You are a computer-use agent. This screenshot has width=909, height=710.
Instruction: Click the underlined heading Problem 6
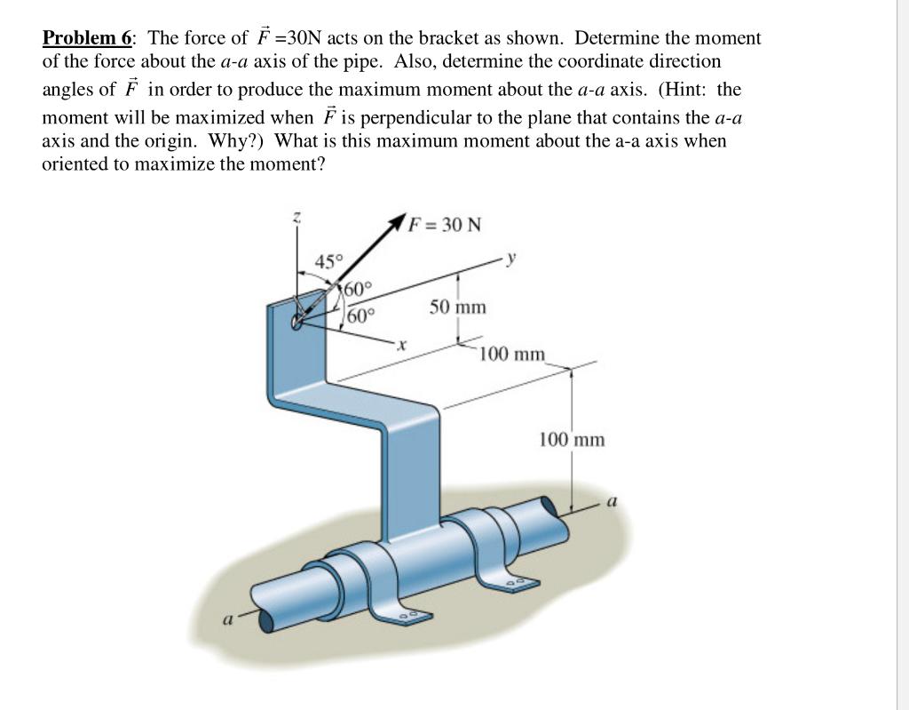click(87, 38)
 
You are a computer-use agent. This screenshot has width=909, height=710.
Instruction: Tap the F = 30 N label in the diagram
click(445, 224)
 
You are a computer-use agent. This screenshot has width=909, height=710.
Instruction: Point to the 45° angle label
click(328, 261)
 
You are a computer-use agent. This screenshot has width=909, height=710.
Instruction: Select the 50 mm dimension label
click(458, 307)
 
